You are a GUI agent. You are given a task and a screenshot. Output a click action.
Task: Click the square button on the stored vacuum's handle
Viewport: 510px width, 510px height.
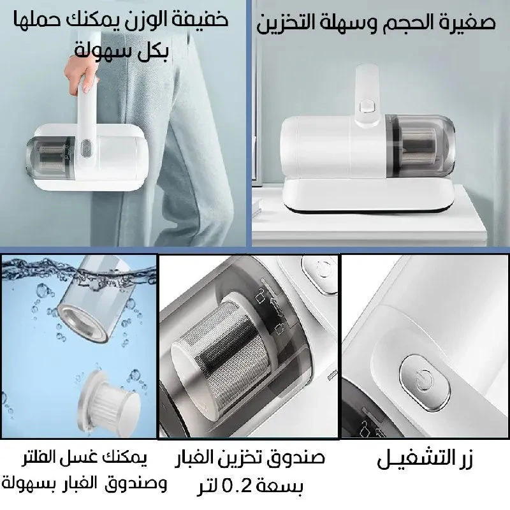pyautogui.click(x=367, y=106)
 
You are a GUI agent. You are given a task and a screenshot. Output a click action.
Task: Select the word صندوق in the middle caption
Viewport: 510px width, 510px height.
pyautogui.click(x=299, y=457)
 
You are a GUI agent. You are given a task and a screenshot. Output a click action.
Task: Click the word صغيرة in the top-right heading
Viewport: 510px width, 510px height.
pyautogui.click(x=467, y=22)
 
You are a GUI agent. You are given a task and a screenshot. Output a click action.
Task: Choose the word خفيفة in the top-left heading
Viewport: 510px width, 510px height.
pyautogui.click(x=199, y=20)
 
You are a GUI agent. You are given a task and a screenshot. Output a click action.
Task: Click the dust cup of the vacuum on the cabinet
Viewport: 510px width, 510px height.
pyautogui.click(x=420, y=145)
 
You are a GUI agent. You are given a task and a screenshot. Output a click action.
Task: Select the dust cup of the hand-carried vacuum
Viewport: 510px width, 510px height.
pyautogui.click(x=50, y=158)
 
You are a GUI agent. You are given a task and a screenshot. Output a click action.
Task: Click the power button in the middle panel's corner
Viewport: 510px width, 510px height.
pyautogui.click(x=321, y=273)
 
